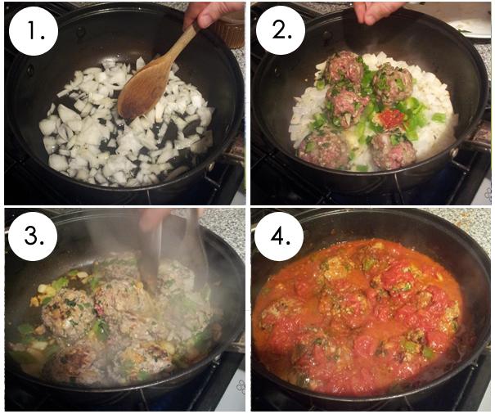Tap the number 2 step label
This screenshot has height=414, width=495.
[x=281, y=30]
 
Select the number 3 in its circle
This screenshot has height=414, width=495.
[x=33, y=236]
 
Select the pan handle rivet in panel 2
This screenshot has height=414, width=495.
[x=454, y=152]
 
